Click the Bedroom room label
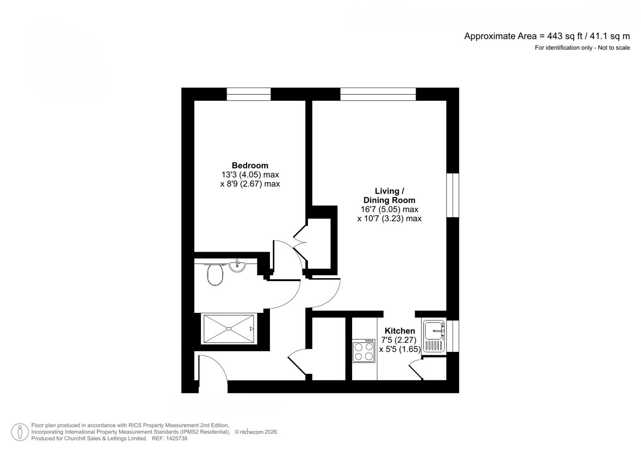click(250, 165)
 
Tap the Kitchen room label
click(400, 331)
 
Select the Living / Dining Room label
click(389, 196)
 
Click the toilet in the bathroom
click(215, 275)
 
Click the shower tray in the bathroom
click(229, 329)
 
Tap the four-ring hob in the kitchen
click(364, 351)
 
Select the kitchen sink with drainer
click(434, 336)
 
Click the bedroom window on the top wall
click(249, 94)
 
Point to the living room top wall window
click(378, 94)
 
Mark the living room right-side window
click(453, 195)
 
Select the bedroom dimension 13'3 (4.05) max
click(250, 174)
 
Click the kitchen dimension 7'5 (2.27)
click(398, 340)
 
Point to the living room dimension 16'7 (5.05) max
click(389, 209)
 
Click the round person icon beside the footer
click(20, 432)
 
